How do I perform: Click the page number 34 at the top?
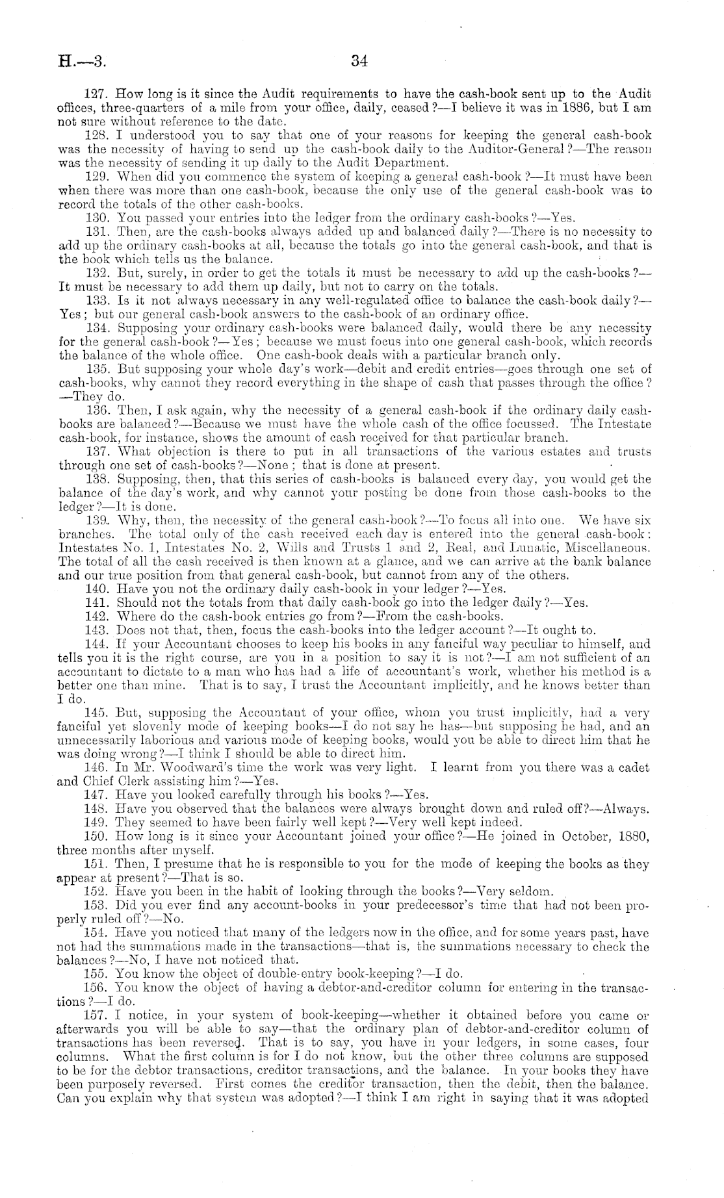point(359,62)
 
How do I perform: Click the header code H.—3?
point(81,62)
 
